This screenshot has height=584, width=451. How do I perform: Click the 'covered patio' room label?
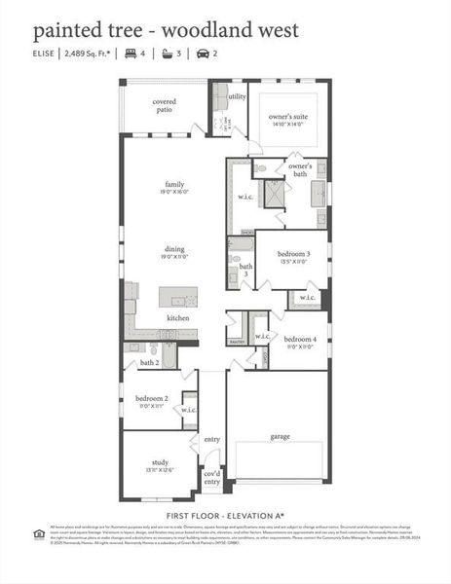[x=164, y=105]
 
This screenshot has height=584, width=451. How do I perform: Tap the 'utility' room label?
[x=237, y=96]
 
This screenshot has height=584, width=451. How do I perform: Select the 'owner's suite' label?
[x=286, y=121]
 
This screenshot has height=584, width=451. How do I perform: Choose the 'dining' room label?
[x=174, y=253]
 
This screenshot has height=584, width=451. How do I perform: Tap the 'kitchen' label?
[x=177, y=318]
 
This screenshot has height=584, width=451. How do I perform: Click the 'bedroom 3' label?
[x=293, y=258]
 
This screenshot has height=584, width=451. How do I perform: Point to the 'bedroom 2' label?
[x=152, y=403]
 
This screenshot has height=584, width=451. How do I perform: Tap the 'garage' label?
[x=280, y=437]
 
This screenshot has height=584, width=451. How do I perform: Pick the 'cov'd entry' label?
[x=211, y=477]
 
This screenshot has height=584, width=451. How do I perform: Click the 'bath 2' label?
[x=149, y=362]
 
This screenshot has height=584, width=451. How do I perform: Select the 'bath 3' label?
[x=246, y=270]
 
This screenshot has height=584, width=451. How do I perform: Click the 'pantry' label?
[x=236, y=343]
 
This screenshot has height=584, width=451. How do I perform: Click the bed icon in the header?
[x=128, y=55]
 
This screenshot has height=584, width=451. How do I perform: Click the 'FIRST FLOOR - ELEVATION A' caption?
[x=225, y=513]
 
